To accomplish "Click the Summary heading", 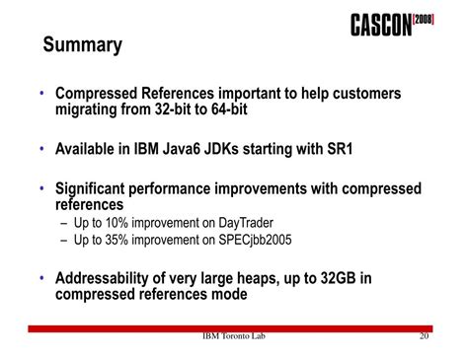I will click(x=83, y=45).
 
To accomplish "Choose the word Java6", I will click(x=184, y=149).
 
